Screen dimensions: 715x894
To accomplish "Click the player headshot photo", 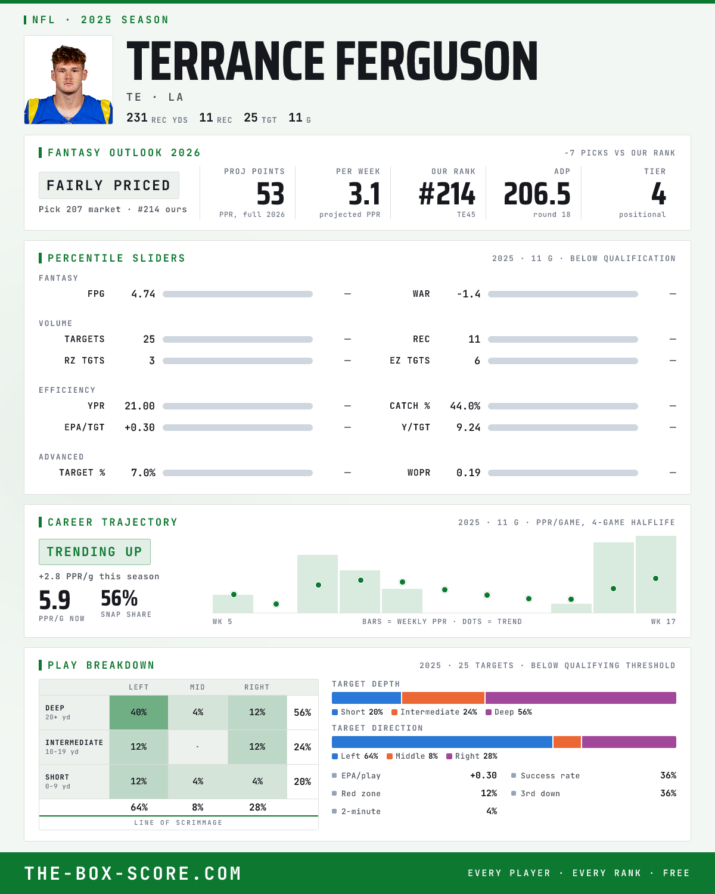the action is [x=69, y=80].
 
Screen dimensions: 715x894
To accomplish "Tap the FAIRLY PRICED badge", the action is [x=109, y=185].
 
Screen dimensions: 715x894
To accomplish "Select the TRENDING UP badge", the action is [x=95, y=552].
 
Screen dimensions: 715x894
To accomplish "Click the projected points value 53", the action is [x=271, y=194].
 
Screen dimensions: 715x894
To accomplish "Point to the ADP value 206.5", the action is [x=537, y=194].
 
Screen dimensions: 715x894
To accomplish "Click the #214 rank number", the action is [x=447, y=194].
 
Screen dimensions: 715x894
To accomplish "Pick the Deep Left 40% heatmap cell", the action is [x=139, y=712].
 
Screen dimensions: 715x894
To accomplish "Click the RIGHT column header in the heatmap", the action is [x=257, y=687].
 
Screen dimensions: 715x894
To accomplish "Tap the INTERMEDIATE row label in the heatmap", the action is [x=74, y=743].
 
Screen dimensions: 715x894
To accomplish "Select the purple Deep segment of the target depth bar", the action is [x=581, y=697].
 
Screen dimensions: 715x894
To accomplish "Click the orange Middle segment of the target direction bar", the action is [x=567, y=742].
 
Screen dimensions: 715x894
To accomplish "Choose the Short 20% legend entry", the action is [x=357, y=712].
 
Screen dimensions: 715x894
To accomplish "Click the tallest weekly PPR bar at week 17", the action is [x=655, y=575].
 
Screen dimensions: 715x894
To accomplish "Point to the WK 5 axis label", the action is [x=222, y=622].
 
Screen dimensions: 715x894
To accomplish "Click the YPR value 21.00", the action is [x=139, y=406].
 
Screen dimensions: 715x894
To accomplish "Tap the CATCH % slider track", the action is [x=562, y=406].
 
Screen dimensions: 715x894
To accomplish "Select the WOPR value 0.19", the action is [x=468, y=473].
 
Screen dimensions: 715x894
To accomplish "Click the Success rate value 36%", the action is [x=668, y=775].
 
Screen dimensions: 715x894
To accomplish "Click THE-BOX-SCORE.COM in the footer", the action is [x=133, y=873].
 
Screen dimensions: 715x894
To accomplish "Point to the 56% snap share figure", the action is [x=119, y=598].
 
